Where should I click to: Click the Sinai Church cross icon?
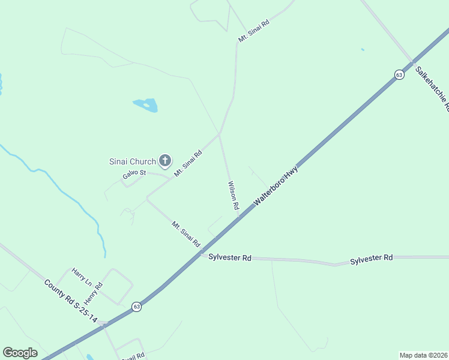tap(165, 161)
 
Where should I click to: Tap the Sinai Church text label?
tap(132, 161)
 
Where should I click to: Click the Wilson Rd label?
tap(233, 196)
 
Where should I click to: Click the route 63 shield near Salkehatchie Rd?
tap(399, 74)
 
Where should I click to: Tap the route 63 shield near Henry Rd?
tap(137, 307)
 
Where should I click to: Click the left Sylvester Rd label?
tap(229, 257)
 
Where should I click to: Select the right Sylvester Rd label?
tap(371, 257)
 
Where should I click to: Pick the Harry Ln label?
tap(82, 277)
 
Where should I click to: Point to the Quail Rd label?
tap(133, 356)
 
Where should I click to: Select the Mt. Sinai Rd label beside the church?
tap(188, 163)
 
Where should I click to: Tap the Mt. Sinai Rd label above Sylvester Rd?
tap(185, 235)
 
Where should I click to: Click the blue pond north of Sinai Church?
tap(146, 106)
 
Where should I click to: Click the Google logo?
tap(20, 353)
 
